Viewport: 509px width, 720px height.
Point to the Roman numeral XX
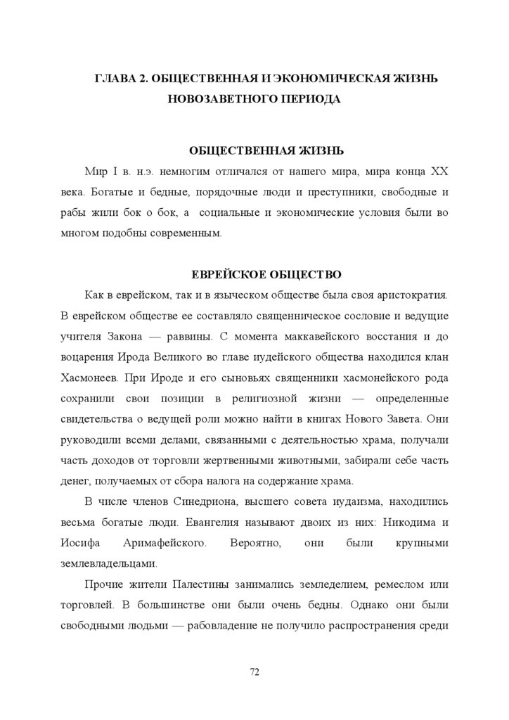pos(439,171)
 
